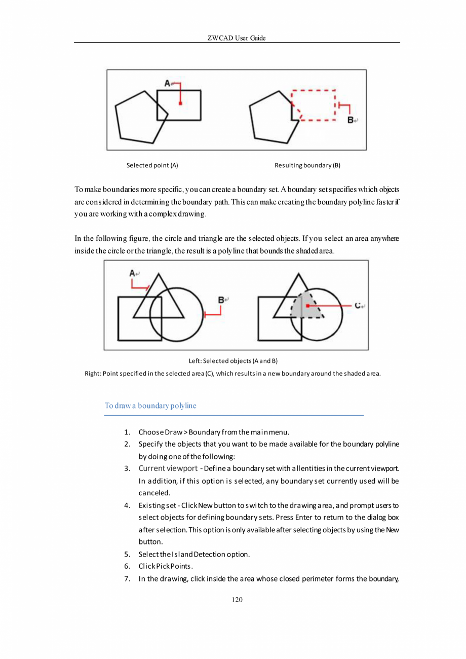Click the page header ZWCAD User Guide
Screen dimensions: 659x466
[237, 38]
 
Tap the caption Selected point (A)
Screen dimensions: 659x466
[152, 165]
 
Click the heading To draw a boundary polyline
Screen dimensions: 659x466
[150, 406]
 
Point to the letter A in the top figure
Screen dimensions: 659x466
[167, 82]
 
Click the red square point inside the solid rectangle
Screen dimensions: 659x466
[180, 103]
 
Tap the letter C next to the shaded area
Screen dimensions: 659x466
[358, 306]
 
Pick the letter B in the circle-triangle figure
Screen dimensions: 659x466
[221, 300]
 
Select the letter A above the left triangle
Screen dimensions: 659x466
[132, 273]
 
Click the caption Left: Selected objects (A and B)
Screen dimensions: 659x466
[232, 361]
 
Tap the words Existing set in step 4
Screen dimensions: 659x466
[154, 505]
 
